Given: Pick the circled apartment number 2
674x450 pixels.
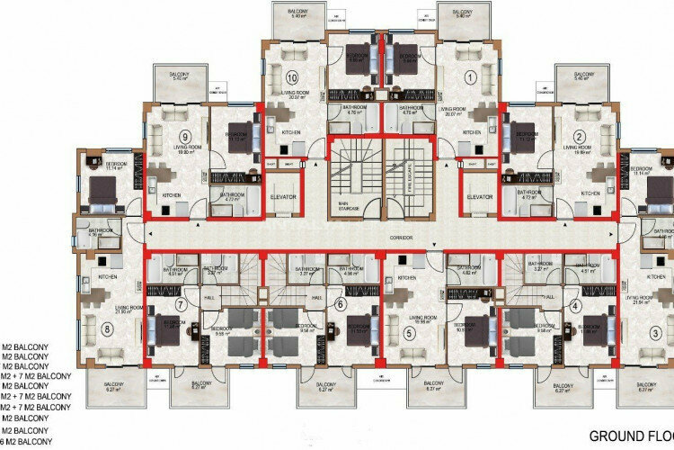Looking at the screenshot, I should point(580,138).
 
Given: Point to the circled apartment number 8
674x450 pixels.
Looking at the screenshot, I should point(109,328).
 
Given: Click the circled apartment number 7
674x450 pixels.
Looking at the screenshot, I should point(181,305).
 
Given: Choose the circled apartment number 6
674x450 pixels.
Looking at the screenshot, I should point(341,305).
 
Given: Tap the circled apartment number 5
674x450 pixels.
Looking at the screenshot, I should point(410,334).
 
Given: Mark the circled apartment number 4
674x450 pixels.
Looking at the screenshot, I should point(574,305).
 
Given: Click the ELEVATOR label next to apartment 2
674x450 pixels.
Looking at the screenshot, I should point(481,196).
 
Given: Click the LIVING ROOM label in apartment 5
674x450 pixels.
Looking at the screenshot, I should point(422,318).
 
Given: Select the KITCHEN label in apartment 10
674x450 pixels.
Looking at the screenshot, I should point(289,133).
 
